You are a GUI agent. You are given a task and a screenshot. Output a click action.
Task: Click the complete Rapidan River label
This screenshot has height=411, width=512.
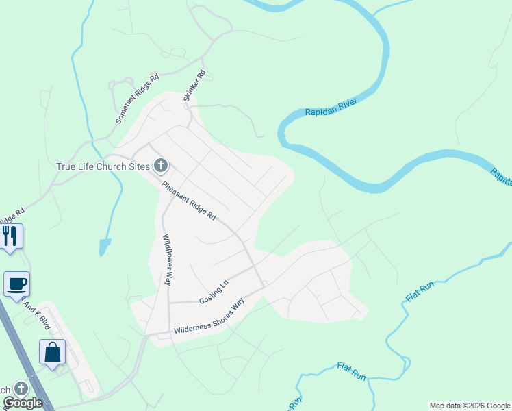pos(332,106)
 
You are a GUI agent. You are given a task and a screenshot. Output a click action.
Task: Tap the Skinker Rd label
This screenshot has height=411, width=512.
pos(194,86)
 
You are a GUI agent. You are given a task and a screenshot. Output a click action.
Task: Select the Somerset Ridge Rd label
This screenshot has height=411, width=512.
pos(137,99)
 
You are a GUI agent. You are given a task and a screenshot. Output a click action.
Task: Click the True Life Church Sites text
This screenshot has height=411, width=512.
pos(103,166)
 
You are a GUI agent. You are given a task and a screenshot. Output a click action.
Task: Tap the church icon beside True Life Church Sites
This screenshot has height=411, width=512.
pos(161,165)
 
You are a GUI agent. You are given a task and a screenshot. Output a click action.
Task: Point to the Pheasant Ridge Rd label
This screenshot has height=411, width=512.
pos(189,200)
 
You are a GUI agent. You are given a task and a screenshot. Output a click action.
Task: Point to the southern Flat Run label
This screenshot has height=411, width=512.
pos(352,372)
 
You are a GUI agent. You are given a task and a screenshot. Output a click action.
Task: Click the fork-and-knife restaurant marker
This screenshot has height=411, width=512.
pos(10,236)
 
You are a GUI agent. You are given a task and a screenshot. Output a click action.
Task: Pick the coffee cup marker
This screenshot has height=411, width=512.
pos(16,284)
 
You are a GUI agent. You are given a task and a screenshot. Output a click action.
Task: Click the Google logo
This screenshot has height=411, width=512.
pos(23,403)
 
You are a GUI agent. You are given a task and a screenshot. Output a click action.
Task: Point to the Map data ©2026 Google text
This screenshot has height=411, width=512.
pos(470,406)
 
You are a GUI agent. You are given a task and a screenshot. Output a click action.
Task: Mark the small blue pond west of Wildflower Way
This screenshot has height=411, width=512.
pos(103,246)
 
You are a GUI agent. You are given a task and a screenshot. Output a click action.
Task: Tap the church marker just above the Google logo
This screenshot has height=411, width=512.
pos(21,388)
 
